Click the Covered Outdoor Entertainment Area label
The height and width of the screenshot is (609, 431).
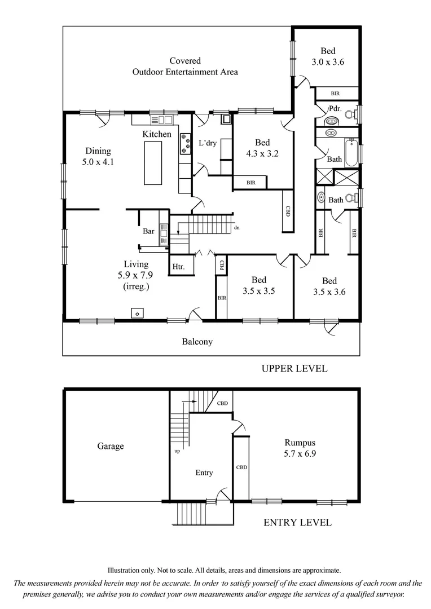point(185,66)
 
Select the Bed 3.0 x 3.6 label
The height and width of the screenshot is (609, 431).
point(328,56)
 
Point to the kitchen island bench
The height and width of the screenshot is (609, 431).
point(153,163)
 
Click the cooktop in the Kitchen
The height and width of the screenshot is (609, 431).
point(185,144)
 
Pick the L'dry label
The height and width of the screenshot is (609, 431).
point(207,143)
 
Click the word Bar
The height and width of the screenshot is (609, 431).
point(148,231)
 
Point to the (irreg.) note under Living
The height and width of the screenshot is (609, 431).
point(136,286)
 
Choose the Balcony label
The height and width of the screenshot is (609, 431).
point(197,342)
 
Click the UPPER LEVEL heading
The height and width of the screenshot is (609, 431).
point(294,369)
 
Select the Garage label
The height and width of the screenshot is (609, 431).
point(110,446)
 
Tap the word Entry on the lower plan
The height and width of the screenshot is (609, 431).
point(204,473)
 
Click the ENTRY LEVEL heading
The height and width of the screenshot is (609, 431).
point(297,523)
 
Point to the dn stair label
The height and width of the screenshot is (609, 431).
point(237,228)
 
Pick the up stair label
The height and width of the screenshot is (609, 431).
point(177,452)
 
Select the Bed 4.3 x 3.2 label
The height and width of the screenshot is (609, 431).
point(262,148)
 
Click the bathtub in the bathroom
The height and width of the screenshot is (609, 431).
point(351,153)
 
